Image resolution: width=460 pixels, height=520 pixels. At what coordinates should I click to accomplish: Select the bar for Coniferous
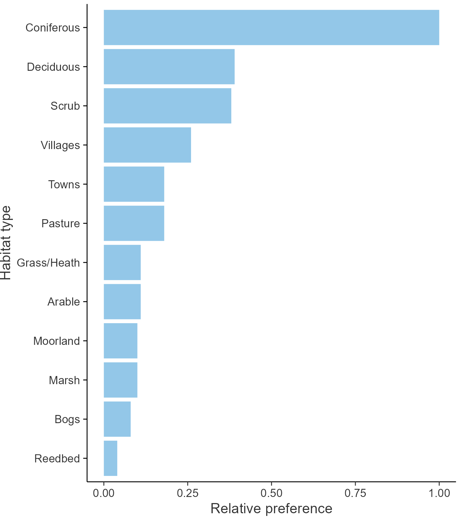pyautogui.click(x=271, y=27)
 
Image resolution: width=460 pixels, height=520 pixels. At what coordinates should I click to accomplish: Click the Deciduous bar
pyautogui.click(x=169, y=67)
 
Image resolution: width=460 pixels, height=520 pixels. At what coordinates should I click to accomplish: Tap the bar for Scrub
pyautogui.click(x=167, y=106)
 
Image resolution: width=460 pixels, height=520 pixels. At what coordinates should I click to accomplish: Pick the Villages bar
pyautogui.click(x=147, y=145)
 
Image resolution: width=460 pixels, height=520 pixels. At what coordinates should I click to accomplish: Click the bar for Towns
pyautogui.click(x=134, y=184)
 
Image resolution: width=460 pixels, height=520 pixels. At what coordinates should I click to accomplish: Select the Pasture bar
pyautogui.click(x=134, y=223)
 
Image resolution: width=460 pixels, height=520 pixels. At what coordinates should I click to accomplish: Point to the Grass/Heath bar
pyautogui.click(x=122, y=263)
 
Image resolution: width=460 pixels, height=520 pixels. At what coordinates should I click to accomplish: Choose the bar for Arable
pyautogui.click(x=122, y=301)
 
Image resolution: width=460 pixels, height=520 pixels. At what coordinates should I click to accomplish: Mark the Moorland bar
pyautogui.click(x=120, y=341)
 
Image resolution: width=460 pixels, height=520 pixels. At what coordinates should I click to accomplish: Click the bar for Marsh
pyautogui.click(x=120, y=380)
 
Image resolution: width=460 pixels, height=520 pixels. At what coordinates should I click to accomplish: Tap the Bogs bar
pyautogui.click(x=117, y=419)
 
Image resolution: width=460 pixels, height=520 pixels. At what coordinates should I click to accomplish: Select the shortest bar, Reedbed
pyautogui.click(x=110, y=458)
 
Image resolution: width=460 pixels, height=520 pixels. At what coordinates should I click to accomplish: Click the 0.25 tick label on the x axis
pyautogui.click(x=187, y=493)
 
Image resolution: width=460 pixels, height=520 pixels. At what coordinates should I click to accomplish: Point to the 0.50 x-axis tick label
pyautogui.click(x=271, y=493)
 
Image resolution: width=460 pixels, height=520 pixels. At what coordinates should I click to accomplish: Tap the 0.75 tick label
pyautogui.click(x=355, y=493)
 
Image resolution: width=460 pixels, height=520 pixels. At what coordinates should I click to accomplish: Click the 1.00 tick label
pyautogui.click(x=439, y=493)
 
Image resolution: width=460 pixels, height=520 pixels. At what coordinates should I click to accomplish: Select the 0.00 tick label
pyautogui.click(x=104, y=493)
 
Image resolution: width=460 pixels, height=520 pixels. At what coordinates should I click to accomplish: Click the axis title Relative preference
pyautogui.click(x=271, y=508)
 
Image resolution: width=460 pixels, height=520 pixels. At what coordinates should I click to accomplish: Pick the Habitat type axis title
pyautogui.click(x=6, y=243)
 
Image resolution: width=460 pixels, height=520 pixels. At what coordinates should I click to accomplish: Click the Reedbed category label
pyautogui.click(x=57, y=458)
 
